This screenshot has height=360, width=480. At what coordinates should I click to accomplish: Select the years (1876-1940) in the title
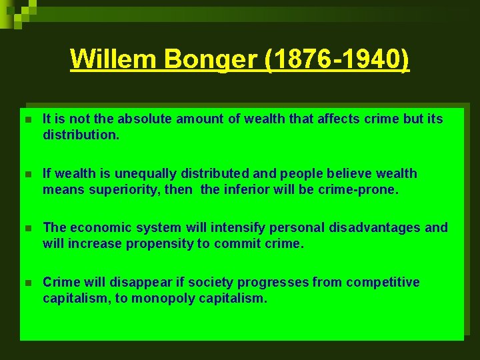pyautogui.click(x=337, y=59)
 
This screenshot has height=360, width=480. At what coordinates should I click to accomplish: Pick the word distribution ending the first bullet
pyautogui.click(x=80, y=135)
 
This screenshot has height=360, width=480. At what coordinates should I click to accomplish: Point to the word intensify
pyautogui.click(x=215, y=228)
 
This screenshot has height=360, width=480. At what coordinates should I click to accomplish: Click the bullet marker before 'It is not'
pyautogui.click(x=27, y=120)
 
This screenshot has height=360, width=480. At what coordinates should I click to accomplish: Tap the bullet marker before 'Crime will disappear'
pyautogui.click(x=27, y=283)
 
